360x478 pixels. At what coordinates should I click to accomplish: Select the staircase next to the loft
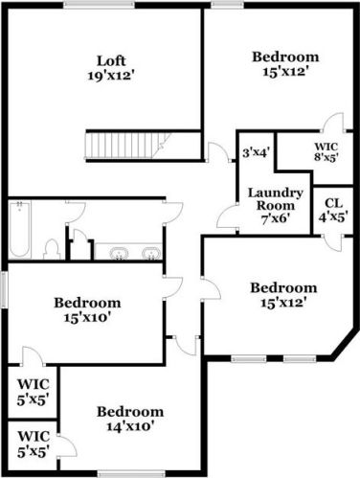112,146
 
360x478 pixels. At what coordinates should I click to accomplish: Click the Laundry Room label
275,197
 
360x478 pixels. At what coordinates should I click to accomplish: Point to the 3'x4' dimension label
256,151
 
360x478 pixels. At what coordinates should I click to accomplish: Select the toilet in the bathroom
52,248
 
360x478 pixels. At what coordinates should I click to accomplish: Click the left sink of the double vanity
119,254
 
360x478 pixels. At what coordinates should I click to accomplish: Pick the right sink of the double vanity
150,254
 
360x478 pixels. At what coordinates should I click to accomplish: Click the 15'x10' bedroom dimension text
86,317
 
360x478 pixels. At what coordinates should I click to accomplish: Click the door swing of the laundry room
228,218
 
